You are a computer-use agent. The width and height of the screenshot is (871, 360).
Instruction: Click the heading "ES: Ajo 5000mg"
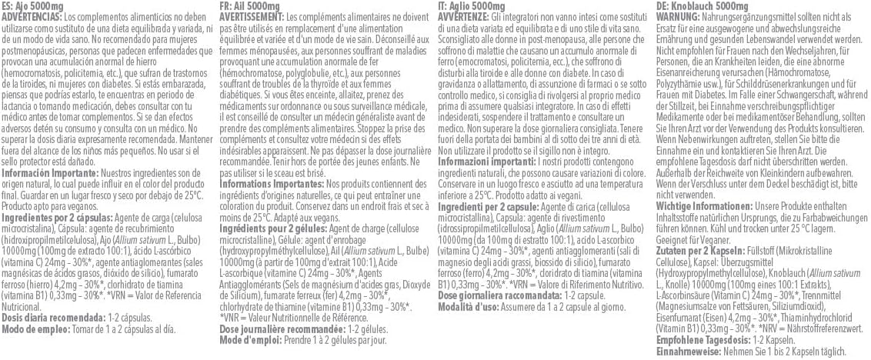point(30,5)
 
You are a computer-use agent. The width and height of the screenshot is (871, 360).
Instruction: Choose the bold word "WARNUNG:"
point(678,16)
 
